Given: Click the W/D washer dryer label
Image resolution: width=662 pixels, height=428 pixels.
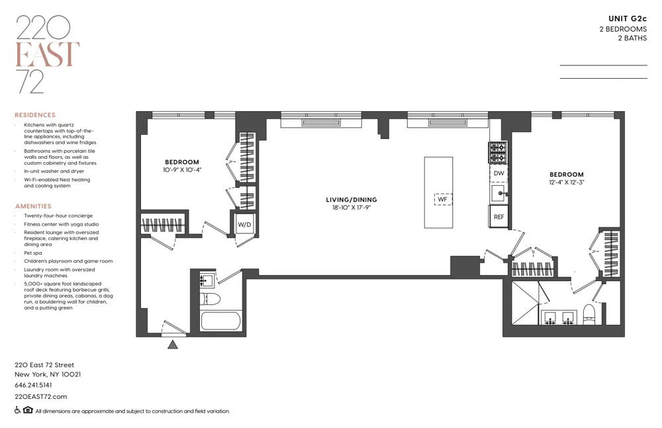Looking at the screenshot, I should [245, 225].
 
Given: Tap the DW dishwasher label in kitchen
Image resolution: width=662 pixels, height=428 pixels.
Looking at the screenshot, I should [499, 173].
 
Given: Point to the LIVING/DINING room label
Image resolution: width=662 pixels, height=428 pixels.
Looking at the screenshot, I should [351, 199].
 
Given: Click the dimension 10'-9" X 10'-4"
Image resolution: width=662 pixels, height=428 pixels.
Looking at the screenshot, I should [182, 170].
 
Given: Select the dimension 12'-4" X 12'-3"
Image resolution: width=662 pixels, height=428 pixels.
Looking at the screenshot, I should [566, 182].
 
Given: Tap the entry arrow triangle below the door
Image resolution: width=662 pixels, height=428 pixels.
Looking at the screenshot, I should [173, 343].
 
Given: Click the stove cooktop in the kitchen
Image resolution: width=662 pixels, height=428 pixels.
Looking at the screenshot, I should [497, 153].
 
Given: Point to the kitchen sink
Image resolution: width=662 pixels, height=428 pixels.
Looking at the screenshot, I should [498, 194].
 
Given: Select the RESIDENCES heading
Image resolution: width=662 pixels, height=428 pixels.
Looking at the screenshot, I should [35, 115].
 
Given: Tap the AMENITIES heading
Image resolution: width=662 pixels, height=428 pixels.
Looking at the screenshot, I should [33, 206].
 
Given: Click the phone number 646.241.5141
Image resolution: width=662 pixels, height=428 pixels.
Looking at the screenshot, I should [33, 385].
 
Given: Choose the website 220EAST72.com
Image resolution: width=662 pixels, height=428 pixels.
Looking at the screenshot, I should [40, 397].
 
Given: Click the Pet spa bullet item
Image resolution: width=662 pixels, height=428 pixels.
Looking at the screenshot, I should [32, 253].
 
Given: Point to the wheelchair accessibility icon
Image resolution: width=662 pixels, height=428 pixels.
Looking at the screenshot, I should [18, 411].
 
